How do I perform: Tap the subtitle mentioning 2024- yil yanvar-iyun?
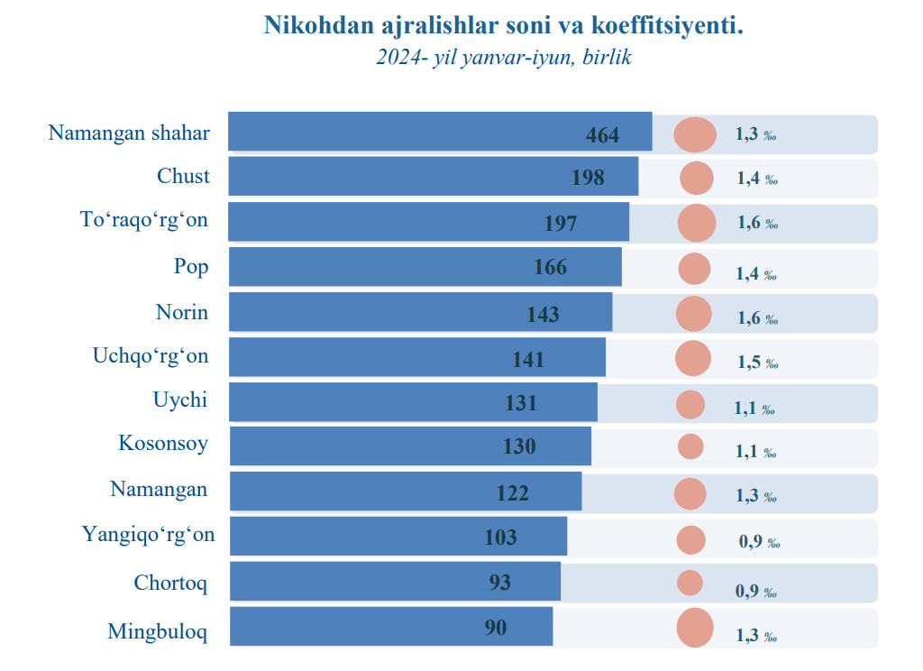pyautogui.click(x=503, y=58)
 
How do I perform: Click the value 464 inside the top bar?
pyautogui.click(x=603, y=135)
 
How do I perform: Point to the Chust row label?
pyautogui.click(x=183, y=176)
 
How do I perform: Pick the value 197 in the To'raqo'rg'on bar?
pyautogui.click(x=561, y=223)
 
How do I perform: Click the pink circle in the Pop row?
pyautogui.click(x=694, y=269)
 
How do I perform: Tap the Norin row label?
pyautogui.click(x=182, y=312)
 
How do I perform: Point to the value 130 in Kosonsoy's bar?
pyautogui.click(x=519, y=446)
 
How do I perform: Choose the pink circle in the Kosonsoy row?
pyautogui.click(x=690, y=446)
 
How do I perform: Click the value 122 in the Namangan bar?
pyautogui.click(x=513, y=493)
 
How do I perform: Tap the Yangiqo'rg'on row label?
pyautogui.click(x=149, y=535)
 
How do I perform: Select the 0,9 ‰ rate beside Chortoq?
pyautogui.click(x=757, y=592)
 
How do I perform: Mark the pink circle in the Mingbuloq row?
pyautogui.click(x=695, y=628)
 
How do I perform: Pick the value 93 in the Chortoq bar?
pyautogui.click(x=500, y=583)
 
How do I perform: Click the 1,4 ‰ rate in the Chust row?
pyautogui.click(x=757, y=179)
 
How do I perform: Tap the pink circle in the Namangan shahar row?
pyautogui.click(x=695, y=134)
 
